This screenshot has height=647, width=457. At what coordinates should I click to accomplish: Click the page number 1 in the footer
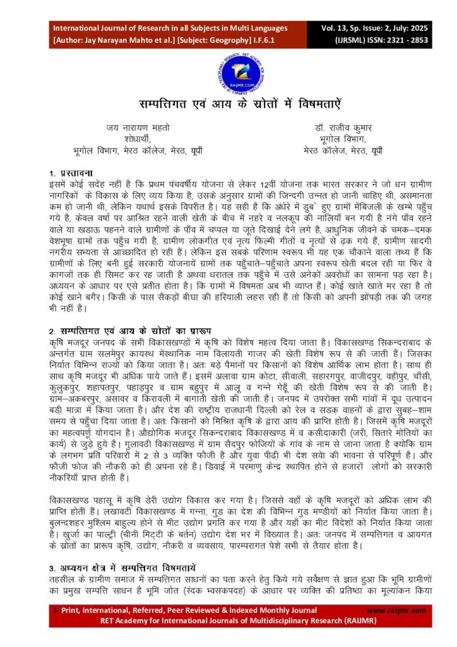click(x=55, y=610)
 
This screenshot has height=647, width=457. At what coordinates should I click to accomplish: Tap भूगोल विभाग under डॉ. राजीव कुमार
click(x=341, y=138)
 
